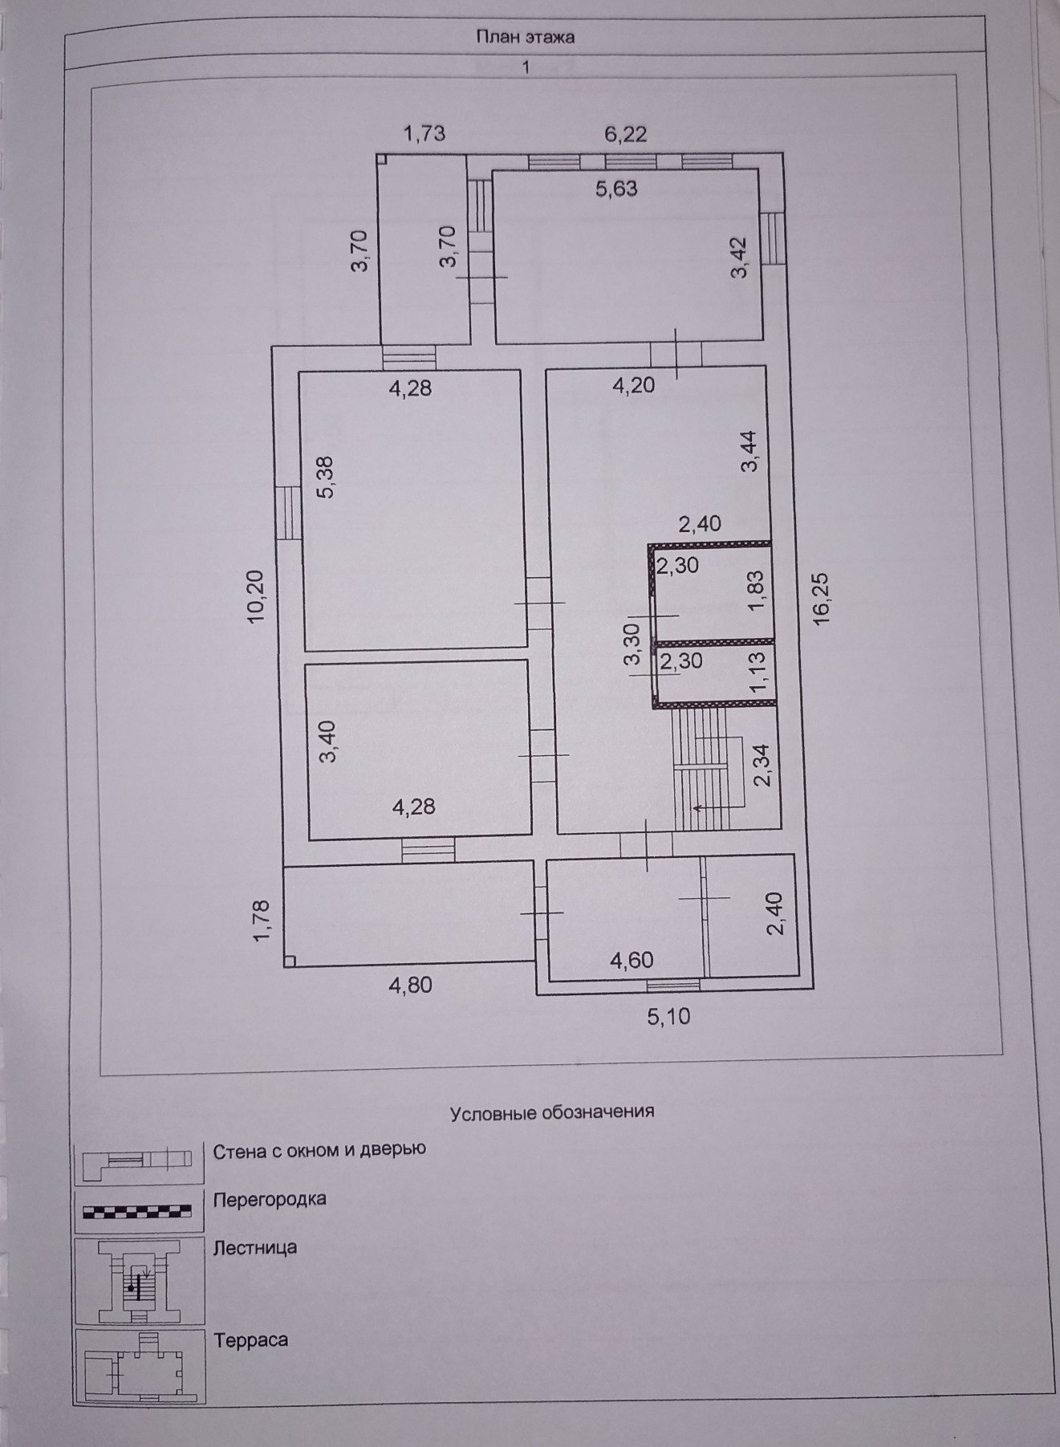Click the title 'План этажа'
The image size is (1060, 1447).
tap(526, 37)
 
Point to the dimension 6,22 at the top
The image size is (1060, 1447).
tap(625, 134)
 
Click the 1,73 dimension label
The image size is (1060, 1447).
tap(424, 133)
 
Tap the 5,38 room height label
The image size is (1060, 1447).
tap(327, 478)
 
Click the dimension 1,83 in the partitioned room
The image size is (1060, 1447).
tap(757, 591)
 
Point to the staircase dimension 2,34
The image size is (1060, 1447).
tap(763, 765)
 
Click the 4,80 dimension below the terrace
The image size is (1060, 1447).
tap(410, 985)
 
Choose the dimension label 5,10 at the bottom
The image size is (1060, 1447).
tap(668, 1017)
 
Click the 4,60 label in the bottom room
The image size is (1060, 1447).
tap(632, 961)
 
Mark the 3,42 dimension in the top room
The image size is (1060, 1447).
tap(738, 258)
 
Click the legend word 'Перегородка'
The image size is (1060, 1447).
tap(270, 1200)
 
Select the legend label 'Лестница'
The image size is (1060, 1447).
tap(255, 1248)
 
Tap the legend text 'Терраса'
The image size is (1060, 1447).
tap(251, 1340)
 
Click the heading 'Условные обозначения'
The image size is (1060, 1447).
tap(552, 1112)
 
